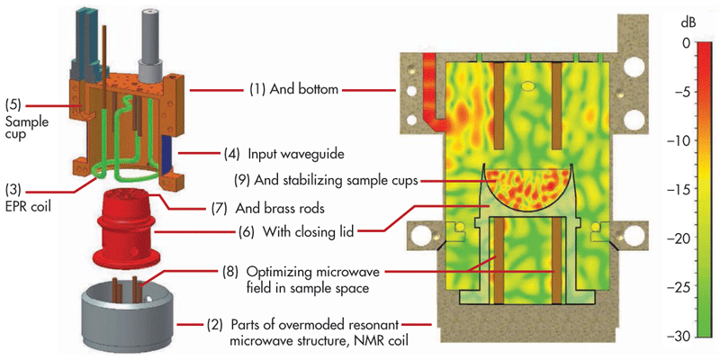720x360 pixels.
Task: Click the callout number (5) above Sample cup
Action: pyautogui.click(x=14, y=101)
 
